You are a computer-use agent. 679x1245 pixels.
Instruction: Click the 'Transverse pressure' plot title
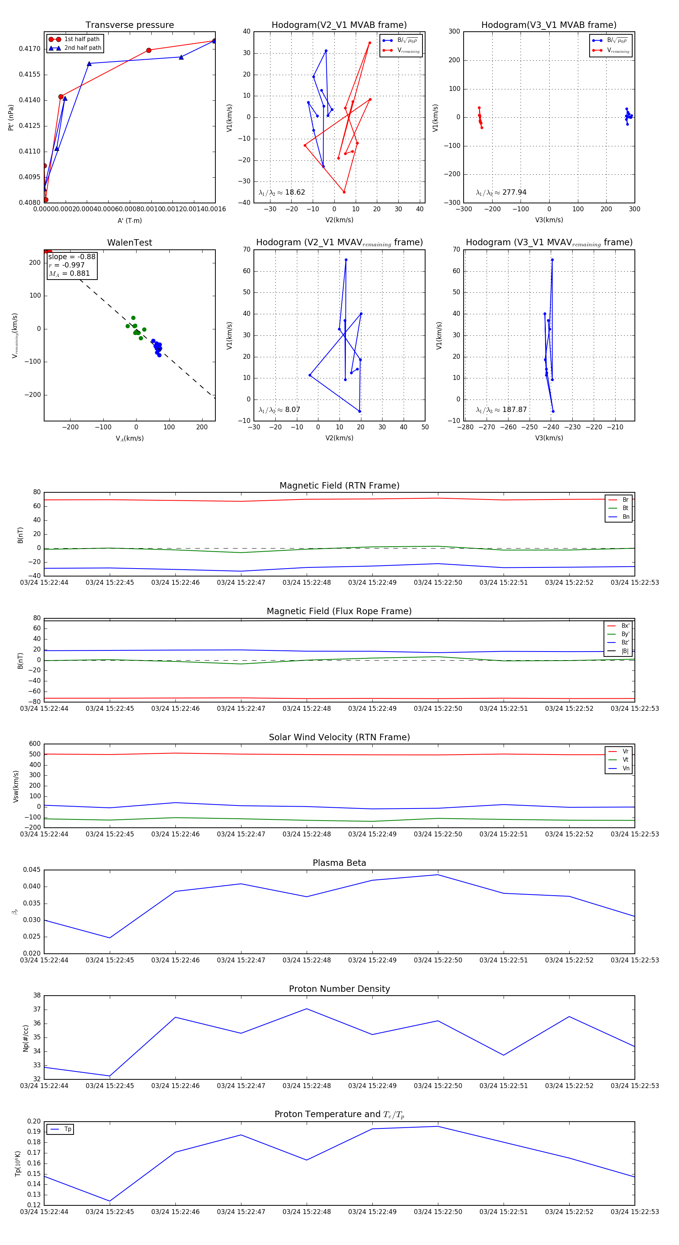pyautogui.click(x=129, y=25)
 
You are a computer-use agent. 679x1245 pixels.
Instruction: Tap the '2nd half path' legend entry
pyautogui.click(x=83, y=48)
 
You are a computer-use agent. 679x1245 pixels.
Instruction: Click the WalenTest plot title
pyautogui.click(x=129, y=243)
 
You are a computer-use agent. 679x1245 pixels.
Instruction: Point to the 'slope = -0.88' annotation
pyautogui.click(x=72, y=257)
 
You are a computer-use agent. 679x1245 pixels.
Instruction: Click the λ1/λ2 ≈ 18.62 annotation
pyautogui.click(x=282, y=192)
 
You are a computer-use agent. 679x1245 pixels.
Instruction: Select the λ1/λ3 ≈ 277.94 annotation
pyautogui.click(x=501, y=192)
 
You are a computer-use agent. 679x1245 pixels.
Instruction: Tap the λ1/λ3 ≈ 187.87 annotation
pyautogui.click(x=501, y=410)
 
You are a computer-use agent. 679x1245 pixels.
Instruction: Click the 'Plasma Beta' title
pyautogui.click(x=339, y=863)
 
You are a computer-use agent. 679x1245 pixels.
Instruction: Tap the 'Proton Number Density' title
pyautogui.click(x=339, y=989)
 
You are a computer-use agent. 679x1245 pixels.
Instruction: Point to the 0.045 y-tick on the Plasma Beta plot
pyautogui.click(x=32, y=870)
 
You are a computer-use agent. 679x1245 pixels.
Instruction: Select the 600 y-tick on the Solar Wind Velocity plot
pyautogui.click(x=35, y=744)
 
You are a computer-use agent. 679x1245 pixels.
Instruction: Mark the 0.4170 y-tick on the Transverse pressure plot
pyautogui.click(x=29, y=49)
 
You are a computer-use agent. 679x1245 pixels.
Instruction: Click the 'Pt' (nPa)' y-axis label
pyautogui.click(x=11, y=117)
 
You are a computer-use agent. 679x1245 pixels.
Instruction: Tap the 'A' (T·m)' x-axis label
pyautogui.click(x=129, y=220)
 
